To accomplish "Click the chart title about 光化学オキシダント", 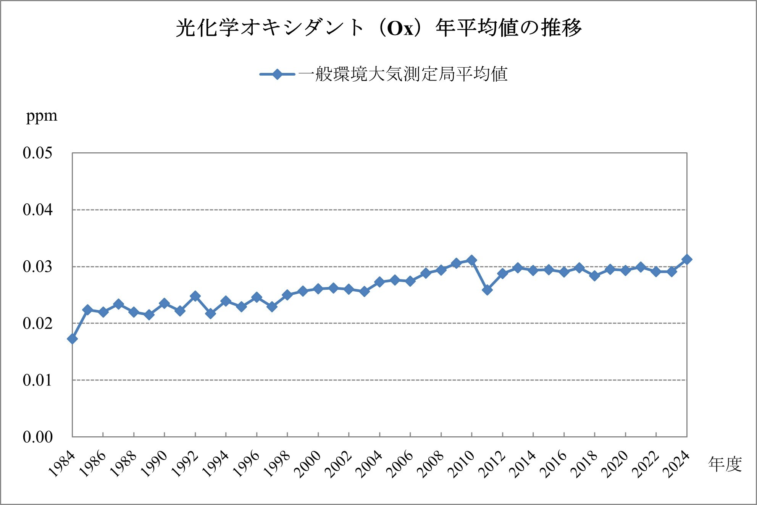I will click(x=378, y=28).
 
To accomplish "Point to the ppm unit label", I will click(x=42, y=115).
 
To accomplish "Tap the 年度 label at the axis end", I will click(x=725, y=464).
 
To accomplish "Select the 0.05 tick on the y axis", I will click(x=37, y=153).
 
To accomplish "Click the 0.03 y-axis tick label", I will click(x=37, y=266).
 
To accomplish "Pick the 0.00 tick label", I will click(x=37, y=437).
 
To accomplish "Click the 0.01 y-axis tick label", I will click(x=37, y=380).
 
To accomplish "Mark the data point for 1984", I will click(x=72, y=339).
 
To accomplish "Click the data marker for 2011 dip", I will click(x=487, y=290).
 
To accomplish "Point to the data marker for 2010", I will click(x=471, y=260).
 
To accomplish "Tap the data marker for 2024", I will click(x=687, y=260).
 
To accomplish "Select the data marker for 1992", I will click(x=195, y=296).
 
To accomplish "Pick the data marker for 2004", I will click(x=379, y=282).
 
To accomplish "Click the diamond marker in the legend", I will click(x=278, y=74).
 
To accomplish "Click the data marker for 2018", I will click(x=594, y=276).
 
